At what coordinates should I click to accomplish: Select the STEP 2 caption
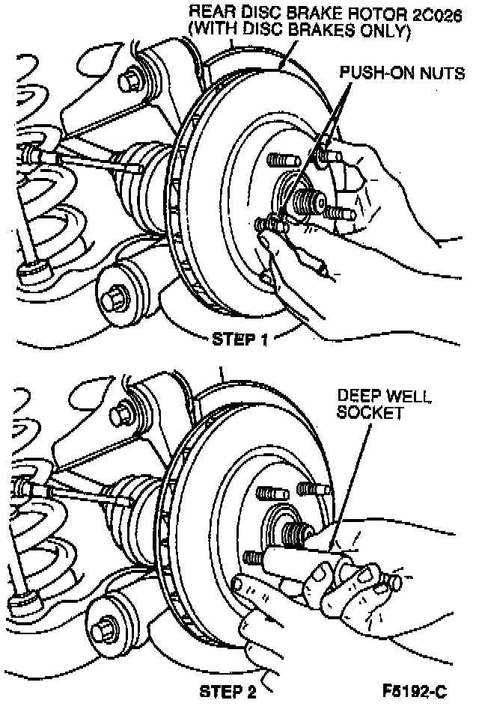(x=228, y=692)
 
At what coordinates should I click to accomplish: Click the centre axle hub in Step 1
(x=307, y=199)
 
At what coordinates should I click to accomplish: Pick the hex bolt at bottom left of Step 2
(x=103, y=624)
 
